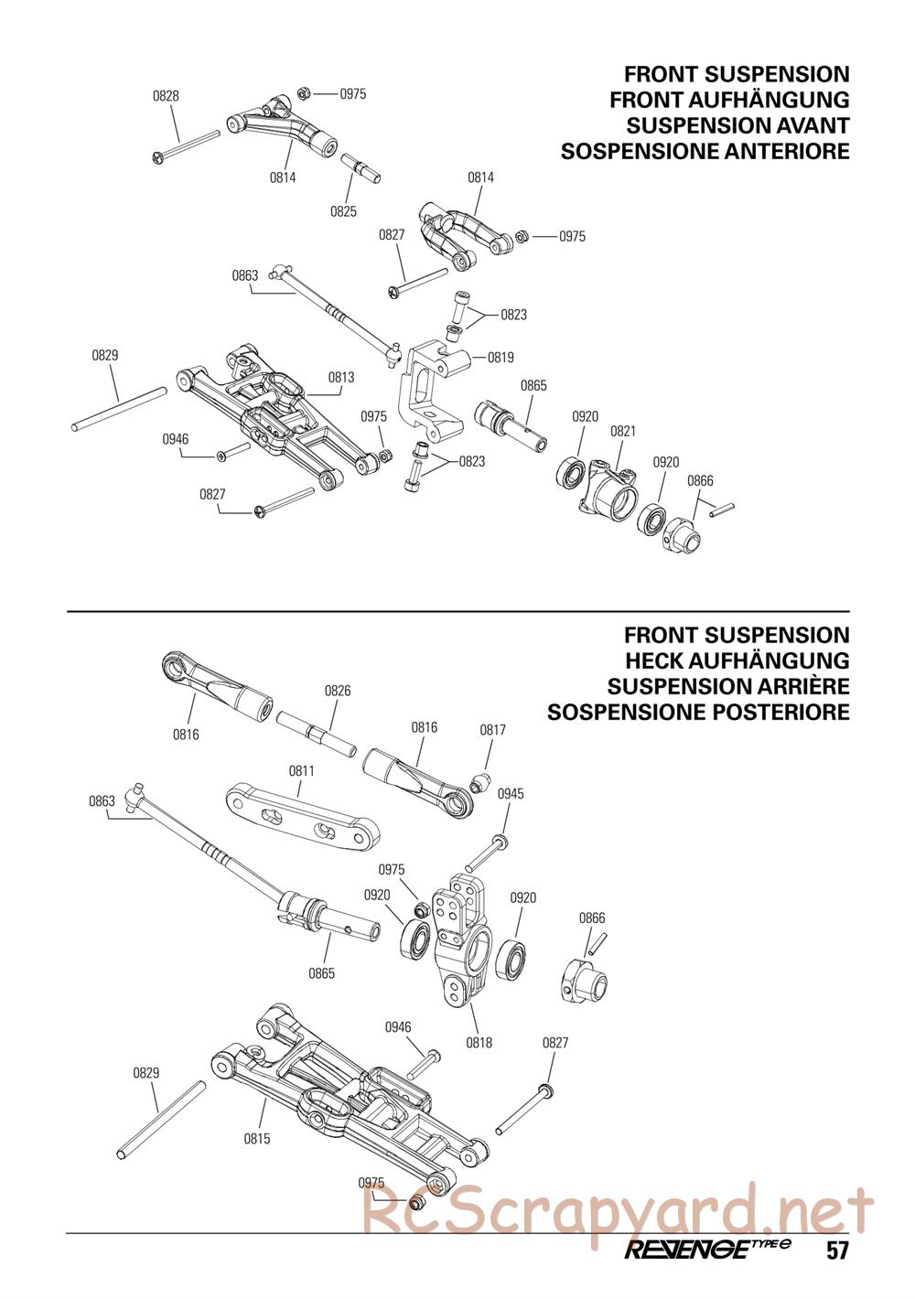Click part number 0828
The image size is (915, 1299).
pos(166,95)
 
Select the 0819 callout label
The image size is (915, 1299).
pos(501,358)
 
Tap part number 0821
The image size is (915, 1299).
pos(623,431)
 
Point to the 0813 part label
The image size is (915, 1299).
pos(341,377)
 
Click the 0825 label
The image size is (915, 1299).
pos(343,211)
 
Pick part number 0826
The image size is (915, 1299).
pos(338,691)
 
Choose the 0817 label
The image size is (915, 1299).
pos(492,730)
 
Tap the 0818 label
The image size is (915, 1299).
pos(479,1042)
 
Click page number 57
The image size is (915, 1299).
pos(836,1251)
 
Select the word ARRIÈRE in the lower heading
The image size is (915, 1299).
pos(782,686)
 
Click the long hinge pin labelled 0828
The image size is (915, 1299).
pos(188,146)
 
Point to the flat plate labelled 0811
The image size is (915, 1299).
pos(301,811)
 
